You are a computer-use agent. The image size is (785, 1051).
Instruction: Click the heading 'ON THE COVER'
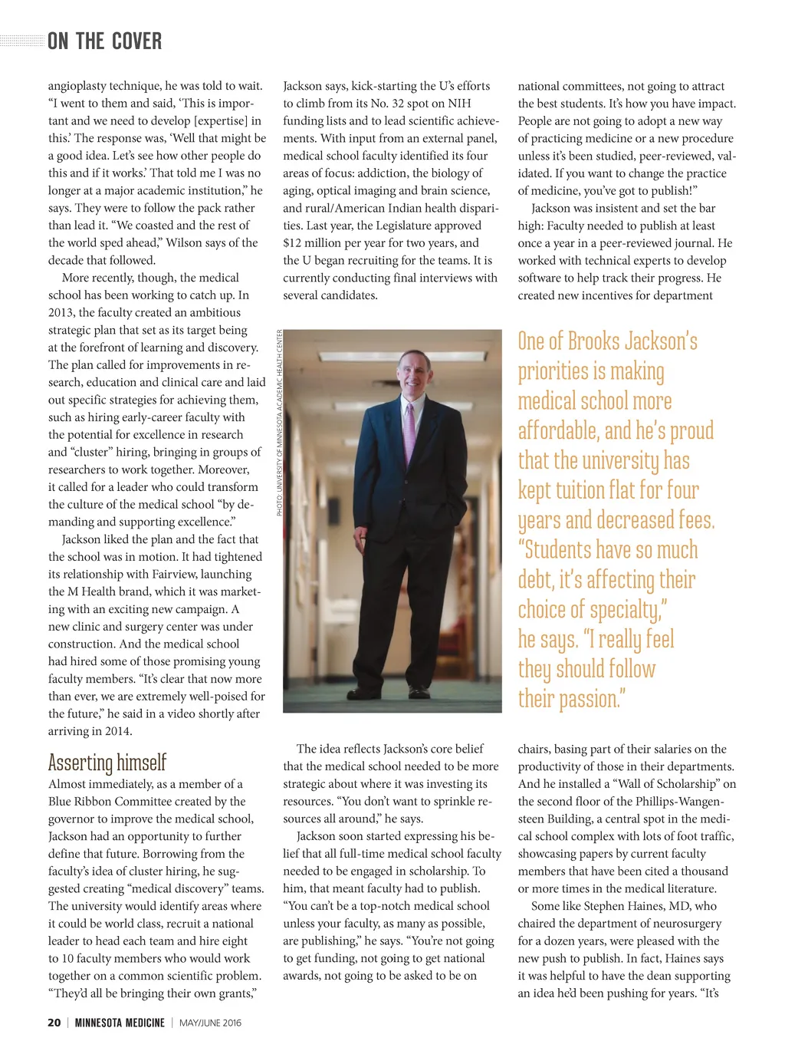pos(104,41)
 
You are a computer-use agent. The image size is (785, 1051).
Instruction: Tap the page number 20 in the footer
pos(54,1023)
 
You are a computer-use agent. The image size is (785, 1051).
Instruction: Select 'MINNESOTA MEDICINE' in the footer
pos(120,1023)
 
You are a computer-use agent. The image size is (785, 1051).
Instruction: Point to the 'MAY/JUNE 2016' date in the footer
pos(210,1023)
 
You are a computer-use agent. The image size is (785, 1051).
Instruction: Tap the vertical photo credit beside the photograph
pos(280,422)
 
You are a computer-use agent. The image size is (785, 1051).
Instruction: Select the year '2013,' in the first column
pos(61,313)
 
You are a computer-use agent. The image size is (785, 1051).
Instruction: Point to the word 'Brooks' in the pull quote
pos(604,341)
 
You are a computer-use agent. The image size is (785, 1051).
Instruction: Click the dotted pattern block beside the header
pos(21,41)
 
